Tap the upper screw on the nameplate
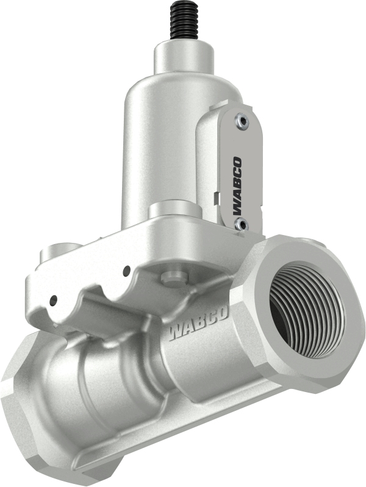[x=243, y=122]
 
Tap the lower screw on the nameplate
[x=241, y=225]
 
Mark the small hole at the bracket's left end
[x=54, y=299]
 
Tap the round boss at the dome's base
[x=173, y=210]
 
